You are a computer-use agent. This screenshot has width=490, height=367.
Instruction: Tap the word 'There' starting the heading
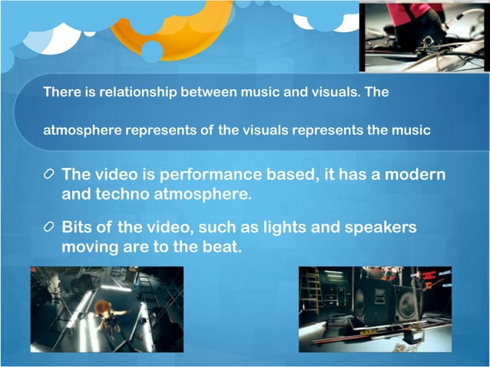(x=59, y=92)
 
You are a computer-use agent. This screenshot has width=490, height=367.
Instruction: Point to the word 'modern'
(x=415, y=174)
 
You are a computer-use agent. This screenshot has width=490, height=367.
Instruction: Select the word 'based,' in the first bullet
(x=313, y=174)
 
